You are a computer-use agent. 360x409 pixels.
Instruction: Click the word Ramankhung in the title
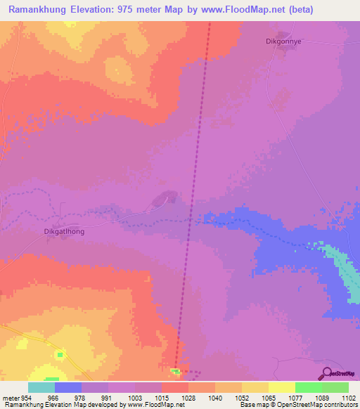coord(39,10)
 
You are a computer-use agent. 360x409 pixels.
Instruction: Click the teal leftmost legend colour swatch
coord(41,387)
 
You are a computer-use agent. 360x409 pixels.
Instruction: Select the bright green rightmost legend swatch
coord(335,387)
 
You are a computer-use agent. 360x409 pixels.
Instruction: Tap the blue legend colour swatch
coord(67,387)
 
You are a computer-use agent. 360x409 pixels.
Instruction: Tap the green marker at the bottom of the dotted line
coord(174,370)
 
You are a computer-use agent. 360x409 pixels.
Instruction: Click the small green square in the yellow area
coord(60,354)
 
